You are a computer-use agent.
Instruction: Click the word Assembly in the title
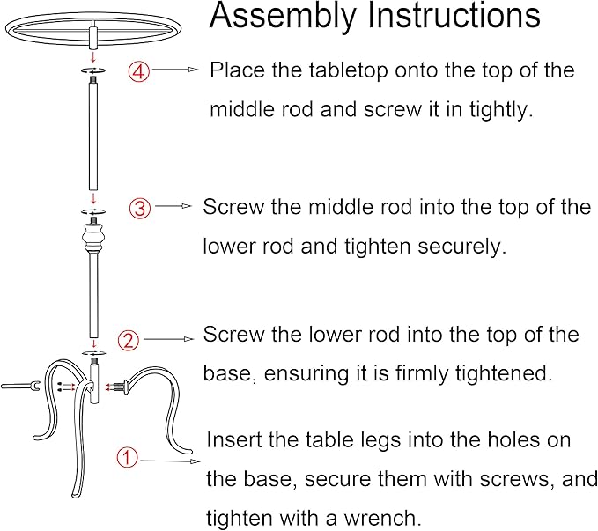[x=282, y=16]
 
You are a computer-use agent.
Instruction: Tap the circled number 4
[x=139, y=71]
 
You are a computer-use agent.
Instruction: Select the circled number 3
[x=140, y=209]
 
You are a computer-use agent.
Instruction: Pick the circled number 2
[x=129, y=340]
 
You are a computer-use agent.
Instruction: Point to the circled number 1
[x=127, y=457]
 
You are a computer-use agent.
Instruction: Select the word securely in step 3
[x=461, y=247]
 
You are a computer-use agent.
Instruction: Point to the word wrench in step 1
[x=381, y=519]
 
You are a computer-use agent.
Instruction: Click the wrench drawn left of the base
[x=20, y=386]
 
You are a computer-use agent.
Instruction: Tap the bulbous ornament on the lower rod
[x=92, y=238]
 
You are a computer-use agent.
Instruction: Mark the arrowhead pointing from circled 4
[x=194, y=70]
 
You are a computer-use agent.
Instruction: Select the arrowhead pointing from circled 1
[x=195, y=461]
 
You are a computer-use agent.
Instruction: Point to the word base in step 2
[x=225, y=374]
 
